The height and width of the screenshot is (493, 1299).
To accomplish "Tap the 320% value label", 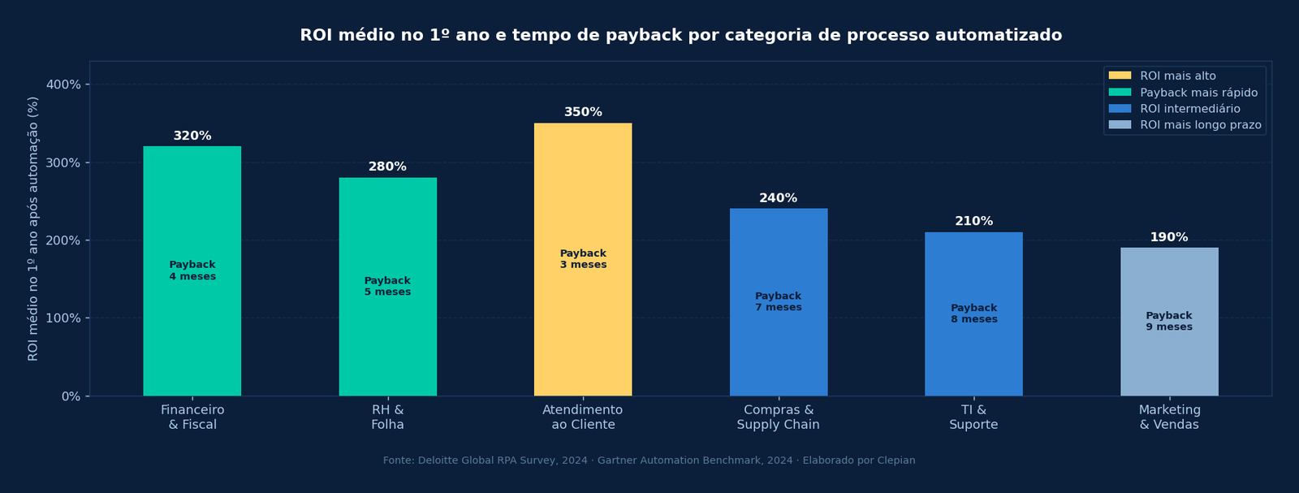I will click(192, 136).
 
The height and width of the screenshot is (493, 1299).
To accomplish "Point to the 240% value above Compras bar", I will click(778, 198).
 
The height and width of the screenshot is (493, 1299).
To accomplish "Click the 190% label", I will click(1168, 237).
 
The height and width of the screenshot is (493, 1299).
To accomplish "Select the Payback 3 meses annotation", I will click(583, 259).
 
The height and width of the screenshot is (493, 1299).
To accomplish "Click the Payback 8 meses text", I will click(973, 314).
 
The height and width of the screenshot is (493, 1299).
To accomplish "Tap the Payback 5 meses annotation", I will click(387, 286).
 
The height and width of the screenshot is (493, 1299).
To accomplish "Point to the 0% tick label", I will click(71, 396).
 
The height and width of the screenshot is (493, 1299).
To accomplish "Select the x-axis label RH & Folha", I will click(387, 417).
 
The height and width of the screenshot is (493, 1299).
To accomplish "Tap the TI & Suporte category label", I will click(973, 417).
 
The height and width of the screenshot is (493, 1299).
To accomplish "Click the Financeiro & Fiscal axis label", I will click(192, 417).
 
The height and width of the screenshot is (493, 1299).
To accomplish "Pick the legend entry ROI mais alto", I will click(1177, 76).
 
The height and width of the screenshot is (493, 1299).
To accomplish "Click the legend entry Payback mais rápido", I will click(1198, 93).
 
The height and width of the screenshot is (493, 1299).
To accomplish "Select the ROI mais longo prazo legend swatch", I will click(1120, 125).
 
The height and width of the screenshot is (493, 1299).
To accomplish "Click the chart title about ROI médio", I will click(680, 35).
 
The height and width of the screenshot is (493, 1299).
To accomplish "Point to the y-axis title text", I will click(33, 228).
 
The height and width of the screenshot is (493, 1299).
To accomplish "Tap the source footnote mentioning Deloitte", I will click(649, 461).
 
